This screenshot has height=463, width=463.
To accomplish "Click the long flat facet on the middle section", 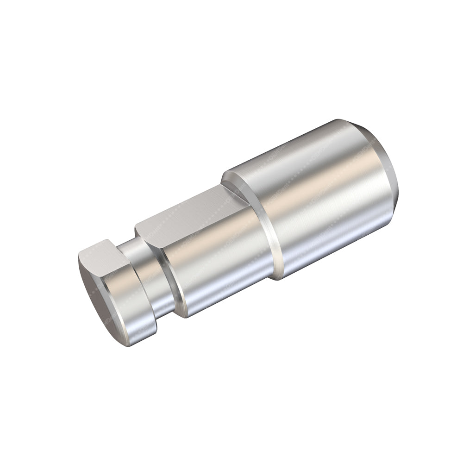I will tap(194, 208).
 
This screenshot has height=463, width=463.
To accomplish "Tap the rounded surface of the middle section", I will tap(218, 269).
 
